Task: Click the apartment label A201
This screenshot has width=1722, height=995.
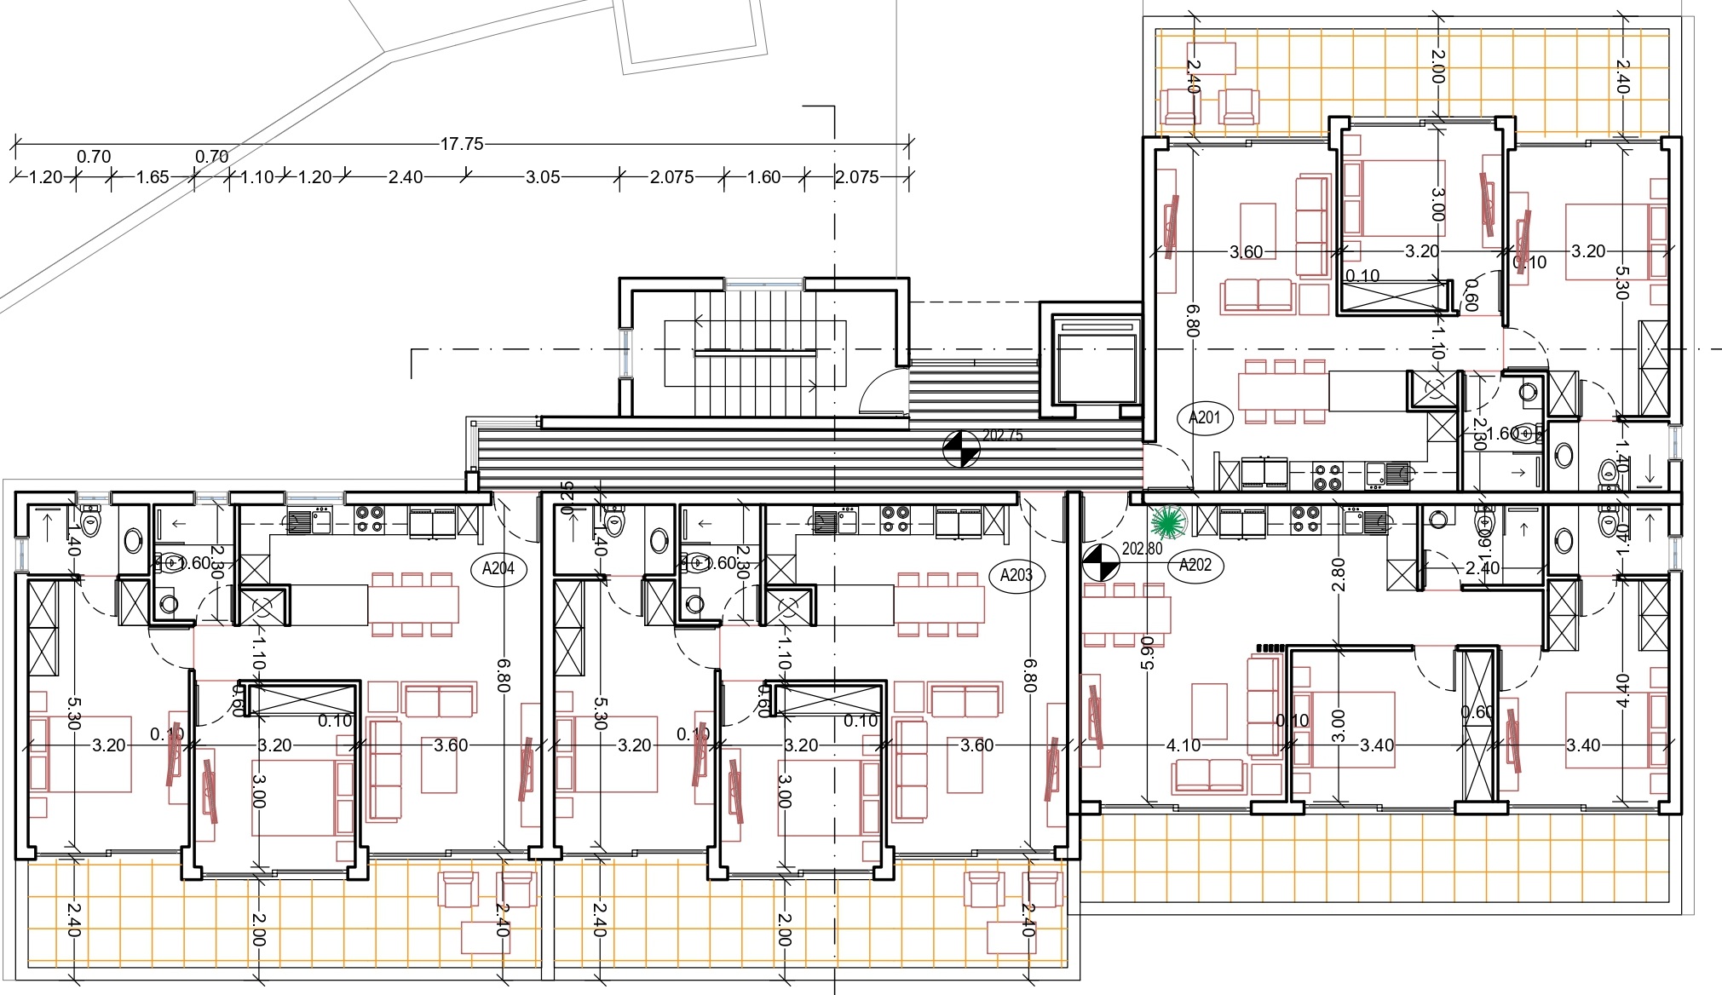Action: pos(1205,417)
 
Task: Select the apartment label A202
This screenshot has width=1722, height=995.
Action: pos(1195,565)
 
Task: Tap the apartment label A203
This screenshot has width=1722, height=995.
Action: pos(1016,575)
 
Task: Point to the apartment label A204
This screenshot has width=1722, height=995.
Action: pos(498,568)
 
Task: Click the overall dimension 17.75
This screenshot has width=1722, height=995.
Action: pos(461,144)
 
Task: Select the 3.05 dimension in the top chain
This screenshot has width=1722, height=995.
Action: pos(542,177)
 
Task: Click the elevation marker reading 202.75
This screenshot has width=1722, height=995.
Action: pos(961,449)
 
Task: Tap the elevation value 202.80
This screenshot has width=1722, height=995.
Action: pos(1142,549)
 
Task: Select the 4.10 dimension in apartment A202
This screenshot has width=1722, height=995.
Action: pos(1183,745)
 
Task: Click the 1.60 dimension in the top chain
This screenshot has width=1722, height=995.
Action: pos(763,177)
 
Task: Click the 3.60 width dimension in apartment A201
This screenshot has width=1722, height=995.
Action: pos(1246,252)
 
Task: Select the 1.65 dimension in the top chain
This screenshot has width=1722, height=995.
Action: pos(153,177)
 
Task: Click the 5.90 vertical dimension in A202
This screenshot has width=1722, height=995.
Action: pos(1147,652)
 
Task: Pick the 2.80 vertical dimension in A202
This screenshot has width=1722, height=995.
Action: pos(1339,574)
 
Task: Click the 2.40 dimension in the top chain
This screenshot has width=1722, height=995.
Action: pos(405,177)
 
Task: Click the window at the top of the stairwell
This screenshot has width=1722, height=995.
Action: pos(764,282)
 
